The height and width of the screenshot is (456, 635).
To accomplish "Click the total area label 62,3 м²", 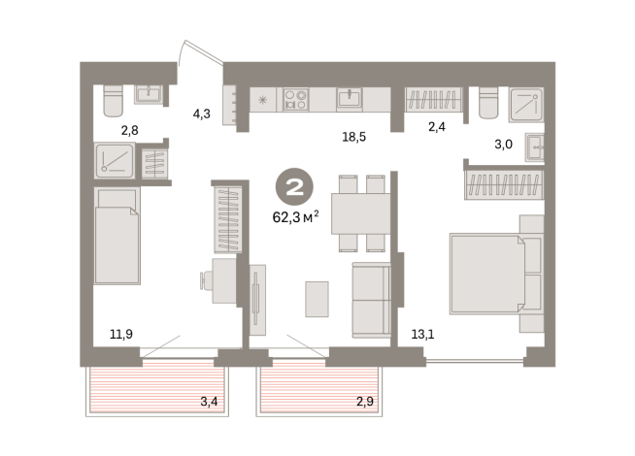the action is (295, 217).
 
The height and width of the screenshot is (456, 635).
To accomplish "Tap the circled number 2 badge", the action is (294, 186).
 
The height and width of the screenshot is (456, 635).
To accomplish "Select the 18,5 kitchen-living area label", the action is (354, 137).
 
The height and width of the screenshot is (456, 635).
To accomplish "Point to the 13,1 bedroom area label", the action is (422, 335).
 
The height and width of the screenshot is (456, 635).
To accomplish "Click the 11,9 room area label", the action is (121, 334).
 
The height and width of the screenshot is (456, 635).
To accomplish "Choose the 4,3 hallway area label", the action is (201, 114).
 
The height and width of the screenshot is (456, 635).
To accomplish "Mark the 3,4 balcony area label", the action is (209, 402).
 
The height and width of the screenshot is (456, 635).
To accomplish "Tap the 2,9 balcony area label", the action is (365, 402).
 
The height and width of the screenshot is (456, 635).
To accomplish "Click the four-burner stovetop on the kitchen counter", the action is (295, 100).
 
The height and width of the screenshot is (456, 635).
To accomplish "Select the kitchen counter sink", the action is (350, 98).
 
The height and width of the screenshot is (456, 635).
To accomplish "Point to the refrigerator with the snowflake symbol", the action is (263, 100).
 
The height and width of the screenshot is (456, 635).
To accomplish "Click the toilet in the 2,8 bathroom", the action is (113, 100).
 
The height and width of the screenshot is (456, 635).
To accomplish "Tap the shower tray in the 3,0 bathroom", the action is (526, 105).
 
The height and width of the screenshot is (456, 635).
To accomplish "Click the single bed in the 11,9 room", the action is (117, 236).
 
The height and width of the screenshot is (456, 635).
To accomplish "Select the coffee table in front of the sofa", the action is (317, 299).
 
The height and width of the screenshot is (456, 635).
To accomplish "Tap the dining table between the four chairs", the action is (361, 213).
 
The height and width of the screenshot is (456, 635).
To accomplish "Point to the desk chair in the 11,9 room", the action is (206, 280).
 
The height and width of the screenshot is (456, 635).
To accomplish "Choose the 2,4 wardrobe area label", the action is (437, 127).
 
